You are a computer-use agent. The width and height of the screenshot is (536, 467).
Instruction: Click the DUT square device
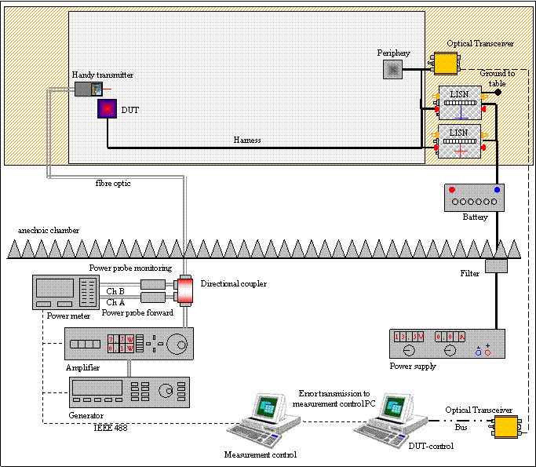(106, 109)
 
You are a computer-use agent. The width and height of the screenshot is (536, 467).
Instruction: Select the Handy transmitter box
(89, 89)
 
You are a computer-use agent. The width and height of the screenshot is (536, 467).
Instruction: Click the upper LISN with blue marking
(460, 101)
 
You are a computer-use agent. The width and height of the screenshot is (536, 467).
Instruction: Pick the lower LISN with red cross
(460, 140)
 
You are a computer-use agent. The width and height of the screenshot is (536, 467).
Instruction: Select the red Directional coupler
(186, 290)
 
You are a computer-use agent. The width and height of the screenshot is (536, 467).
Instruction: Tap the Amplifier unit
(129, 344)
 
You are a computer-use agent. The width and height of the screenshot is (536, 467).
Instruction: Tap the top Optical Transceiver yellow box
(446, 63)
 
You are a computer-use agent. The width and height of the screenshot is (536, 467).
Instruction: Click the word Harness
(247, 140)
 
